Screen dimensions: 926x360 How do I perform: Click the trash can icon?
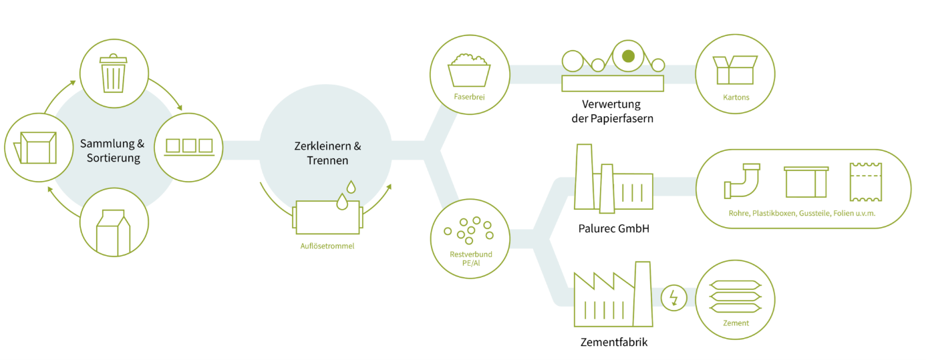[x=114, y=73]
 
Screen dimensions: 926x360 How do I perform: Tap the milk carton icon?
[x=114, y=232]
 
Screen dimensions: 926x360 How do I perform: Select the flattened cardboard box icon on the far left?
[x=35, y=148]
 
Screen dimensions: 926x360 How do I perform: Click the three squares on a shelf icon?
[x=189, y=147]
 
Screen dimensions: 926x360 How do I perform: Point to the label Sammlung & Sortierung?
[x=112, y=150]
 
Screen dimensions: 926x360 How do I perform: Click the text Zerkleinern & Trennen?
[x=327, y=153]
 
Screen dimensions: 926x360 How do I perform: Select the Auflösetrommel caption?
[x=327, y=246]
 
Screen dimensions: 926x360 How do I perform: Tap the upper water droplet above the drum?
[x=351, y=187]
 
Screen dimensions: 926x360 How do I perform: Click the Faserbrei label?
[x=469, y=97]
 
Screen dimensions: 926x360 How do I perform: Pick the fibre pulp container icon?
[x=469, y=70]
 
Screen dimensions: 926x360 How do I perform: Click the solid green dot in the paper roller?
[x=628, y=56]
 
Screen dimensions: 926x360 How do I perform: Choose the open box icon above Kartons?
[x=735, y=70]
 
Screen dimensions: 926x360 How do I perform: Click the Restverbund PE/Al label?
[x=471, y=258]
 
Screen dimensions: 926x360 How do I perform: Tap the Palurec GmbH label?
[x=613, y=228]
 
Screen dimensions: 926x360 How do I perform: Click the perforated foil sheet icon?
[x=866, y=182]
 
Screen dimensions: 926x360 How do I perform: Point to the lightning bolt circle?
[x=674, y=298]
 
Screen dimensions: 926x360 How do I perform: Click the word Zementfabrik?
[x=614, y=342]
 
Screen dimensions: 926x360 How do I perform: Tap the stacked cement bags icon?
[x=735, y=297]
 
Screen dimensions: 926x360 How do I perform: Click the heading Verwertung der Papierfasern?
[x=612, y=111]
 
